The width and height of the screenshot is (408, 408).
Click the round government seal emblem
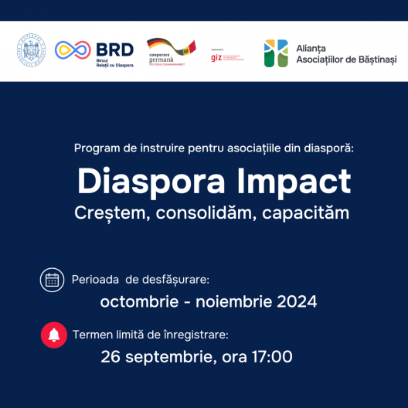point(32,51)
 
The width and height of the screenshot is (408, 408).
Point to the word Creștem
point(109,212)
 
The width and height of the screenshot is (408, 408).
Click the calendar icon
point(53,280)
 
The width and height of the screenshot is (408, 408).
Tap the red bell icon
point(53,335)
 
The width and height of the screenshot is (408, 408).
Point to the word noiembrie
point(233,302)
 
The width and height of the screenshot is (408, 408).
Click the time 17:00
point(271,357)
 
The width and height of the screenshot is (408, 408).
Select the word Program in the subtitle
point(97,148)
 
